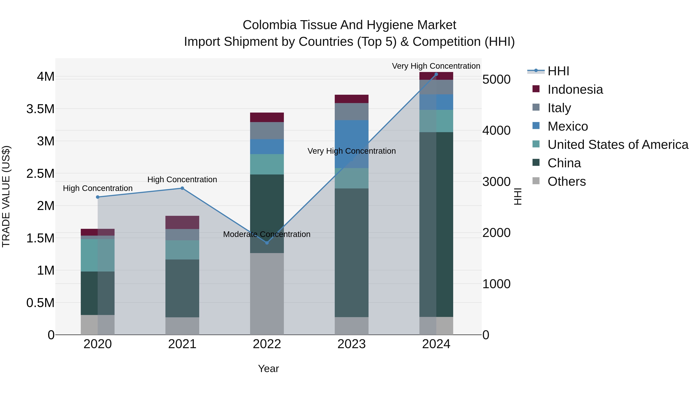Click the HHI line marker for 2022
(x=267, y=243)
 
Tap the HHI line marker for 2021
(x=182, y=188)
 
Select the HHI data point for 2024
(x=436, y=74)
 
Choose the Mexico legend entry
(x=568, y=126)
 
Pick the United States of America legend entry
(x=618, y=145)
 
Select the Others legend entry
(x=567, y=181)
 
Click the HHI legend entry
(x=558, y=71)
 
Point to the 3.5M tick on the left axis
(x=40, y=109)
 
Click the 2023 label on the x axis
(x=351, y=344)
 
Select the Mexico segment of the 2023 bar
(x=351, y=144)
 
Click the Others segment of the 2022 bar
(x=267, y=294)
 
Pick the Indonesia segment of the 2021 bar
(x=182, y=222)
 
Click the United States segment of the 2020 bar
(x=98, y=255)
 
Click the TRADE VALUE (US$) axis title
(x=6, y=196)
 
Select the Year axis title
(x=268, y=369)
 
